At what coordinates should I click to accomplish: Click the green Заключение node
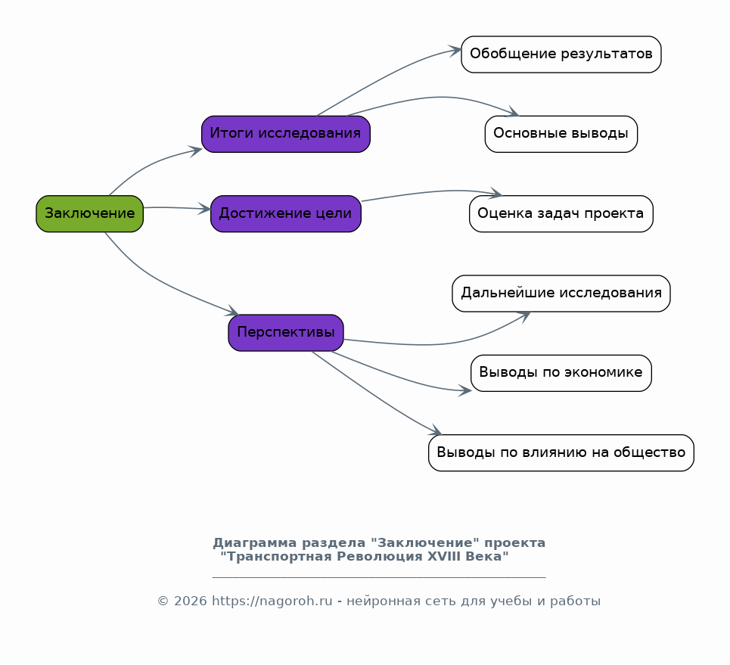tap(90, 214)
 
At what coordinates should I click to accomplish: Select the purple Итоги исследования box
tap(286, 134)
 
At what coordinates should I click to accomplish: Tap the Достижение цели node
tap(286, 214)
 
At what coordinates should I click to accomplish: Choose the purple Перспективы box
tap(286, 333)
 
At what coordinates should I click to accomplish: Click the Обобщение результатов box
tap(561, 54)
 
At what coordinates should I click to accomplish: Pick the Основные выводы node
tap(561, 134)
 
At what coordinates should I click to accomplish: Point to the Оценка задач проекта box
tap(561, 214)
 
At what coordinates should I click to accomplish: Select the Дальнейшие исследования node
tap(561, 294)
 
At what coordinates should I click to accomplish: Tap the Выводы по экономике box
tap(561, 373)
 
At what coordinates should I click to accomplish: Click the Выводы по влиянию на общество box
tap(561, 452)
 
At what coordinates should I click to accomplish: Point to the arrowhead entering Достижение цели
tap(205, 209)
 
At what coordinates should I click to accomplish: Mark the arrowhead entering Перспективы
tap(232, 311)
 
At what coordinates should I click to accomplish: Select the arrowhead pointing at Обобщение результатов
tap(455, 50)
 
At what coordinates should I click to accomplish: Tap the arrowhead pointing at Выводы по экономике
tap(465, 390)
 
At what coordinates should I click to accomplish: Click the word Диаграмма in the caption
tap(255, 543)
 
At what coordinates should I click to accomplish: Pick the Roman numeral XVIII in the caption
tap(447, 557)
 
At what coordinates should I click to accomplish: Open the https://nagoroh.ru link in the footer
tap(272, 601)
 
